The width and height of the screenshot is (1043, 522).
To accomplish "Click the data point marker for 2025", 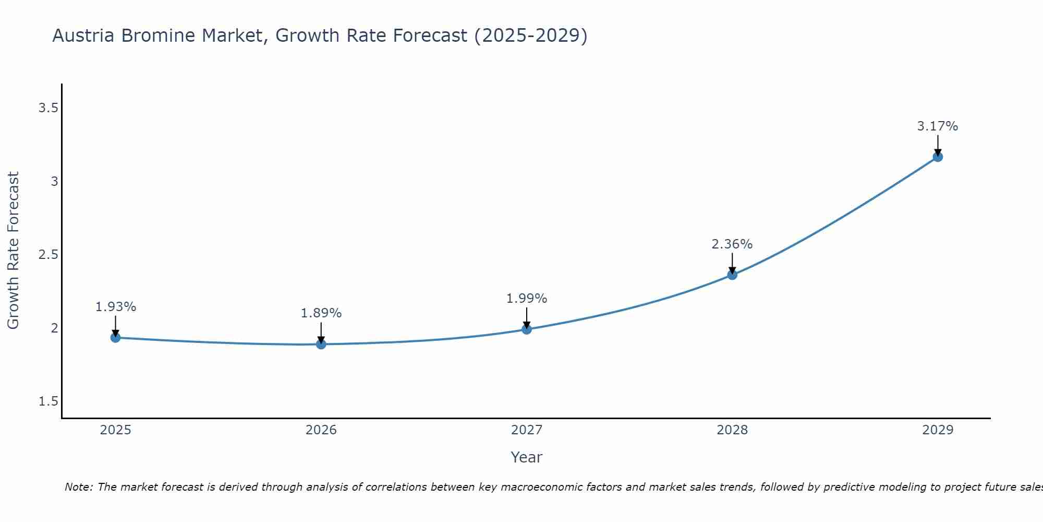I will click(x=116, y=338).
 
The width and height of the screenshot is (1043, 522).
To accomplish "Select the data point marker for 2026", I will click(x=321, y=344).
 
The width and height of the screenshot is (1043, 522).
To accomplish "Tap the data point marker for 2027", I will click(x=527, y=329).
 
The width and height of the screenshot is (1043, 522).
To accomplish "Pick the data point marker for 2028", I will click(x=732, y=275).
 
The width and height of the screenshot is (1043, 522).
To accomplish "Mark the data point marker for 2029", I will click(x=938, y=157).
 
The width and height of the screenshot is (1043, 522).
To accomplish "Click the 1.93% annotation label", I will click(x=116, y=307).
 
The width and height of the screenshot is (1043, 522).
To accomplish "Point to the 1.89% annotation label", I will click(x=321, y=313).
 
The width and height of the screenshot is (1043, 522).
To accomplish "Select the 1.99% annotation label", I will click(x=527, y=299).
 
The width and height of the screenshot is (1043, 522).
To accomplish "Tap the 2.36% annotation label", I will click(x=732, y=244).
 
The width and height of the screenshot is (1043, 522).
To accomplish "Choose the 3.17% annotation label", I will click(x=938, y=126).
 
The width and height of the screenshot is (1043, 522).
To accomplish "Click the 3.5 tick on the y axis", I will click(x=48, y=108).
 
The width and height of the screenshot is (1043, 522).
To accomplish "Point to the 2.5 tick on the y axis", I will click(x=48, y=255).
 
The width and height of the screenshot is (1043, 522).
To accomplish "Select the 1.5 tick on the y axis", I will click(x=48, y=401).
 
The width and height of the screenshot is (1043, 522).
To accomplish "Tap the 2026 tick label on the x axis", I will click(x=321, y=430).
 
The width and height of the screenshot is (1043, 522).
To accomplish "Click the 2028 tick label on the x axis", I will click(x=732, y=430).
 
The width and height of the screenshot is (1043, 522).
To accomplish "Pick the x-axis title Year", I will click(x=527, y=457).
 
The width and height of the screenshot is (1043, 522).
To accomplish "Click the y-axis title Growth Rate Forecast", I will click(x=13, y=251).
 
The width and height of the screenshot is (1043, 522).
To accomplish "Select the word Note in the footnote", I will click(x=78, y=487).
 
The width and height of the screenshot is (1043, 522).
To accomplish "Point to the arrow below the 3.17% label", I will click(x=938, y=145).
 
